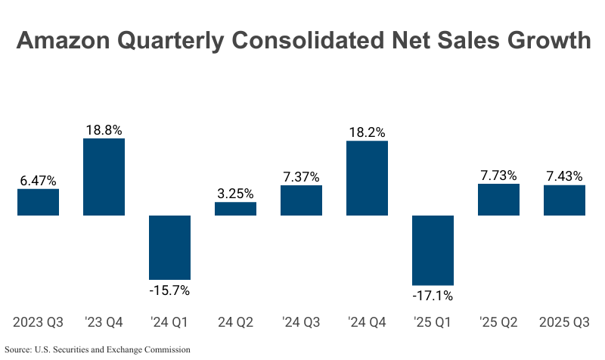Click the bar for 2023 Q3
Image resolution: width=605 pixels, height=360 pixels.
[x=38, y=202]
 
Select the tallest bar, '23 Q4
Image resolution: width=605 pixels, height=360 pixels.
[x=104, y=177]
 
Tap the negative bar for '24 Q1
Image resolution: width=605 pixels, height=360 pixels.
[x=169, y=247]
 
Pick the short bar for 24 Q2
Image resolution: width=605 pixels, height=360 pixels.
[x=235, y=209]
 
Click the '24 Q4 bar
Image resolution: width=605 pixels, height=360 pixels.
[x=367, y=178]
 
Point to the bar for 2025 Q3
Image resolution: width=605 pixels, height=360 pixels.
[x=564, y=200]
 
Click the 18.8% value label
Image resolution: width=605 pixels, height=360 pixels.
[x=104, y=130]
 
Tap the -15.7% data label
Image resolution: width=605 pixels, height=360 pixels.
[x=169, y=290]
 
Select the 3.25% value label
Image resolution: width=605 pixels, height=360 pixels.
[x=235, y=193]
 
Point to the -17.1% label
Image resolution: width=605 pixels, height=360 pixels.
[x=433, y=296]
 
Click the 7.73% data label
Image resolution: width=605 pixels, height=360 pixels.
[x=498, y=175]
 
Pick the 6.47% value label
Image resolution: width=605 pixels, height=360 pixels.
[x=38, y=181]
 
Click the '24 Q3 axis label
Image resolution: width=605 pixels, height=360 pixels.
[x=301, y=323]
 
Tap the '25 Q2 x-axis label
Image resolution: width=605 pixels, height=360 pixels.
[x=498, y=323]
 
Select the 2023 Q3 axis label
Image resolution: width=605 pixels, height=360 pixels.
[x=38, y=323]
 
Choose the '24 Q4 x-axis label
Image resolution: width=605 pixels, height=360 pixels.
[x=367, y=323]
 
